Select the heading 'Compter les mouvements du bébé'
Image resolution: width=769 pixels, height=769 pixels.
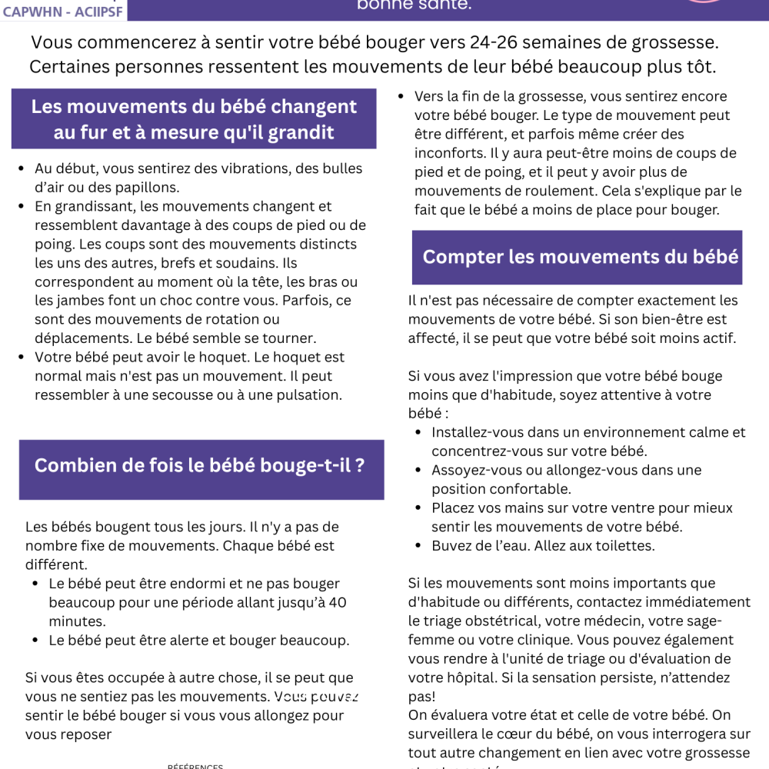(x=581, y=257)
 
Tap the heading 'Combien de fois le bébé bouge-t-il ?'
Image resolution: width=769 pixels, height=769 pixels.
(x=200, y=465)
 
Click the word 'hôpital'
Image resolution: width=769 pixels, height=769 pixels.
(x=474, y=677)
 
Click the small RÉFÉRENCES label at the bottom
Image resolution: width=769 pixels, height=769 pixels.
(x=195, y=766)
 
